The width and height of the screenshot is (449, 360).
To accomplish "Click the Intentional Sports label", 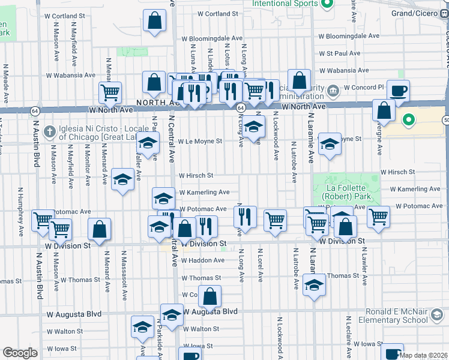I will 285,4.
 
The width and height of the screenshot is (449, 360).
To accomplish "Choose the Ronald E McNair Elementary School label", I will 408,316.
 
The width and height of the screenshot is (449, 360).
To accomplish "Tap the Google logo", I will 20,353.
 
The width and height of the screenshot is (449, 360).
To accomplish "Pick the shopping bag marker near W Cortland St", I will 155,21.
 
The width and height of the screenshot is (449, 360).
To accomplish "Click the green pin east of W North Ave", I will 409,119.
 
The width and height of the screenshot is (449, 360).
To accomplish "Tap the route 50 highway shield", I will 446,120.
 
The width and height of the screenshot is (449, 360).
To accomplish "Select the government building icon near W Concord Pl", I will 332,91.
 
